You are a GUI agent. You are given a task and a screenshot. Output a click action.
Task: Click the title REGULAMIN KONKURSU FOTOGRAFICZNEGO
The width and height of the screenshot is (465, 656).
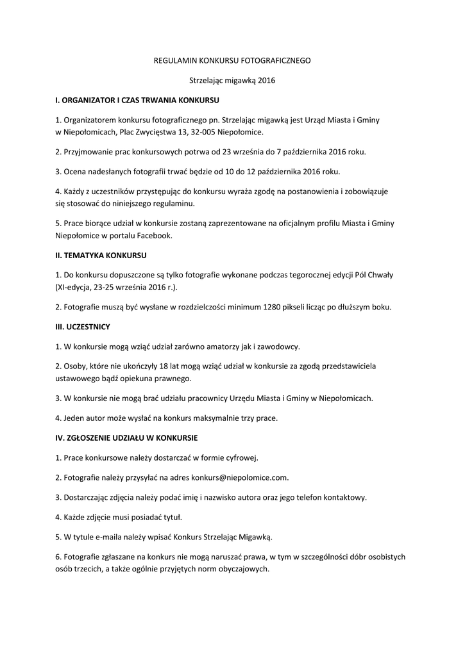point(232,60)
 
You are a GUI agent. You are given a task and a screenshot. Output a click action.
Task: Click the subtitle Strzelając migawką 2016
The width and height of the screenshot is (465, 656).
point(232,81)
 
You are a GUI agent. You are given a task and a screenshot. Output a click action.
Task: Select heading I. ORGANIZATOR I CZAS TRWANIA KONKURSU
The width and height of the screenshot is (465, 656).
point(138,101)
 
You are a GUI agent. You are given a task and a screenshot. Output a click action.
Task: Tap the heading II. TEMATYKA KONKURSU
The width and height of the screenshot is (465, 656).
point(101,255)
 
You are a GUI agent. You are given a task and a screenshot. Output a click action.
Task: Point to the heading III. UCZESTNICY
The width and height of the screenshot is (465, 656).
point(83,326)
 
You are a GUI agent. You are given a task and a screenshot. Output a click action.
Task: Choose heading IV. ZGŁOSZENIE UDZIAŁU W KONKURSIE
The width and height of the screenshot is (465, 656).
point(126,438)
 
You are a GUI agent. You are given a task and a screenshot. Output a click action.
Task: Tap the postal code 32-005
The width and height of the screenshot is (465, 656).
point(203,132)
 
